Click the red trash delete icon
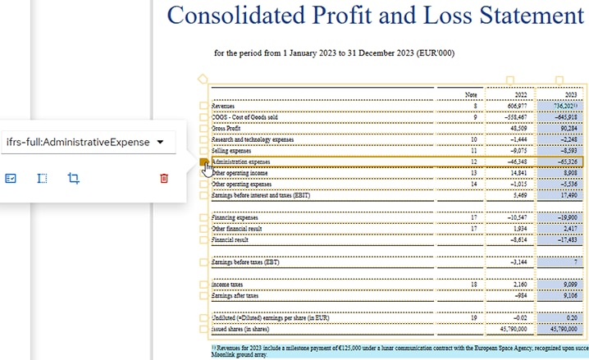(164, 178)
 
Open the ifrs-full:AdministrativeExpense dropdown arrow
(161, 142)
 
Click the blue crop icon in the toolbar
(73, 178)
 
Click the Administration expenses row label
(241, 162)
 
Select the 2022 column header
(520, 95)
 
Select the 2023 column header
(571, 95)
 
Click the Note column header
(470, 95)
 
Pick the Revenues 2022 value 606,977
(517, 107)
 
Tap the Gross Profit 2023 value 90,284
(568, 129)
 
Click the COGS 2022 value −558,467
(515, 117)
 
